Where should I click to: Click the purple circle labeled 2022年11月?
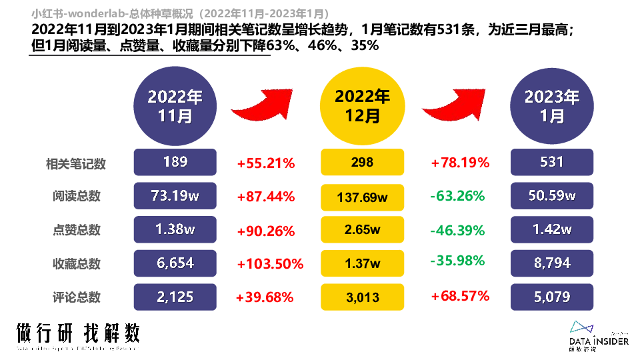[175, 106]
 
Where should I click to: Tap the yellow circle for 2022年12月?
[363, 106]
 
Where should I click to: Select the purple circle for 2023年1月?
[551, 106]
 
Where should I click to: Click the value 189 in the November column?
[175, 162]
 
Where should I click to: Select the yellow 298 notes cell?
[363, 163]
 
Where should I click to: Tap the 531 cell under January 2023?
[551, 162]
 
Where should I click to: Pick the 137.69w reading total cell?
[363, 197]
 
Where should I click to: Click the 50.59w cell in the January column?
[551, 196]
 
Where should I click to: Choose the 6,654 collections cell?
[175, 263]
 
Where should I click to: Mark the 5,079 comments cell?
[551, 297]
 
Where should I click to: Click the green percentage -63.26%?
[457, 197]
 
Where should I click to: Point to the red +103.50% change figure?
[270, 264]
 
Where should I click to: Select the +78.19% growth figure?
[460, 162]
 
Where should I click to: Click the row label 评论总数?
[77, 297]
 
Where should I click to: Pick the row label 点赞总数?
[77, 230]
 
